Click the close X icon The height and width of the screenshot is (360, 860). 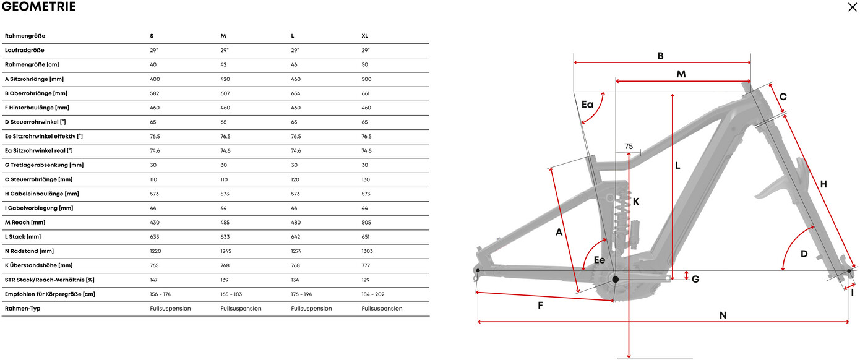853,7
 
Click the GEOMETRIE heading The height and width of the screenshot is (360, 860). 39,7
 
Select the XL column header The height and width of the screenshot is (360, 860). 365,36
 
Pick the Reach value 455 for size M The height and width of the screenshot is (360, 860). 225,222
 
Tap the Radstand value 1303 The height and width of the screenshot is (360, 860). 367,251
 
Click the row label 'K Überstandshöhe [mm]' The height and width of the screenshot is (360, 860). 39,265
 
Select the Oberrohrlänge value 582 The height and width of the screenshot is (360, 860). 155,93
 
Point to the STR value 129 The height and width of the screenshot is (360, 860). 366,280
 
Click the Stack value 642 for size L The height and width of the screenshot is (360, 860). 295,236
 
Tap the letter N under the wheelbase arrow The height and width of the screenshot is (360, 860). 723,315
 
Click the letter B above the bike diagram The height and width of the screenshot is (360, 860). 660,56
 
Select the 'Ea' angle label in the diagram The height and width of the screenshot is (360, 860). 587,105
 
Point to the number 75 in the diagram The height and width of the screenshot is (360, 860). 629,147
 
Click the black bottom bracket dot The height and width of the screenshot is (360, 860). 615,280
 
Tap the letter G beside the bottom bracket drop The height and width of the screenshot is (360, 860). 695,279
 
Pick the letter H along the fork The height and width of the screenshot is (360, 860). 823,184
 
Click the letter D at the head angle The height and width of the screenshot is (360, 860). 804,254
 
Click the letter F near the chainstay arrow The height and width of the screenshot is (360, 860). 540,306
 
